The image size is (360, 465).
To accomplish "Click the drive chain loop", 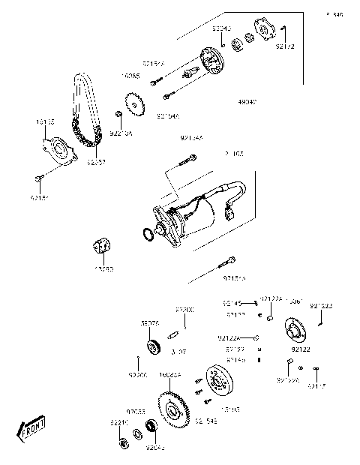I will pos(83,112).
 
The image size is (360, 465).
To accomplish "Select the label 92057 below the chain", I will pos(96,161).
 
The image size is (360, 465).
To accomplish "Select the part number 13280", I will pos(103,268).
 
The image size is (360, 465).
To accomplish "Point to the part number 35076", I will pos(149,323).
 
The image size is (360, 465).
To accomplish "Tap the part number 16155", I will pos(45,120).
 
